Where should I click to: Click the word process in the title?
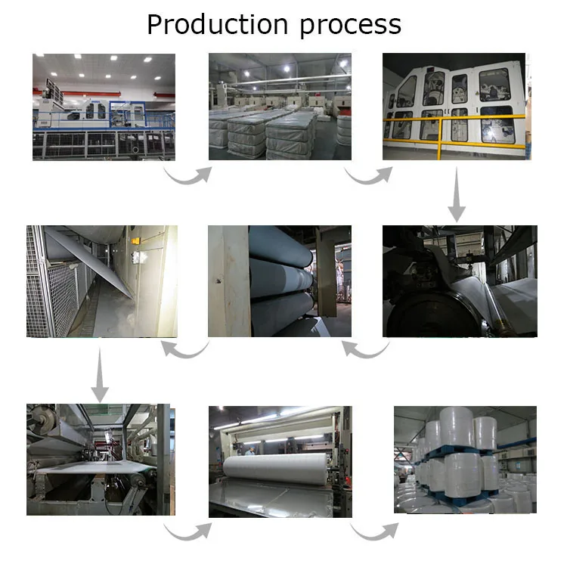[351, 25]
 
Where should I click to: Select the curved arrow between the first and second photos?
[188, 175]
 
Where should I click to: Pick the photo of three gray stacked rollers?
[279, 280]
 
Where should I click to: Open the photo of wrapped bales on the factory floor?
[279, 106]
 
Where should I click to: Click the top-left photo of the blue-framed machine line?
[104, 106]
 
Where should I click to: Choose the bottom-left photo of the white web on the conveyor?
[99, 460]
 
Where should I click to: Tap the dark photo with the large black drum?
[459, 280]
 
